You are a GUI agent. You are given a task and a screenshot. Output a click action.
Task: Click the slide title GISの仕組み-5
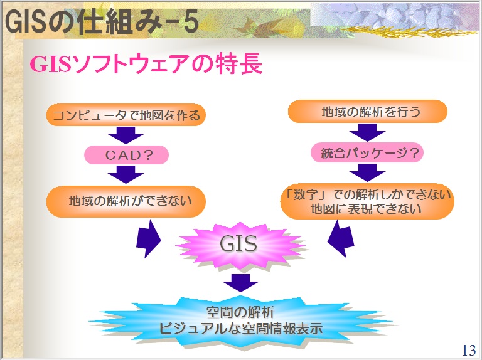tap(101, 23)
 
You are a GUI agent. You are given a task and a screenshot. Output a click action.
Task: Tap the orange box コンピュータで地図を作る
tap(126, 115)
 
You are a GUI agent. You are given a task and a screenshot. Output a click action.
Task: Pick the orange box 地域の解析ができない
tap(126, 201)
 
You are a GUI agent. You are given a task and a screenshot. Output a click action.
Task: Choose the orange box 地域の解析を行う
tap(368, 112)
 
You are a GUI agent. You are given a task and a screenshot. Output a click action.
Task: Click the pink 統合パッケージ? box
tap(367, 152)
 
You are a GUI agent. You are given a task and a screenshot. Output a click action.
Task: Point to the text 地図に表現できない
tap(367, 209)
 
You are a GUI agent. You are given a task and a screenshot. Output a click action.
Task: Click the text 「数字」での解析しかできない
tap(367, 194)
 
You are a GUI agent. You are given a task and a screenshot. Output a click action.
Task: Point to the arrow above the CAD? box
tap(126, 135)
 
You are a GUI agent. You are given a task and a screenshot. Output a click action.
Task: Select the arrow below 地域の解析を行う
tap(367, 132)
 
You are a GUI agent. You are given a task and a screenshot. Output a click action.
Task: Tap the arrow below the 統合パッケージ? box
tap(367, 172)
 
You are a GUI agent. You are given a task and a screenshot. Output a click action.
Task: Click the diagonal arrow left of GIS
tap(149, 238)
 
